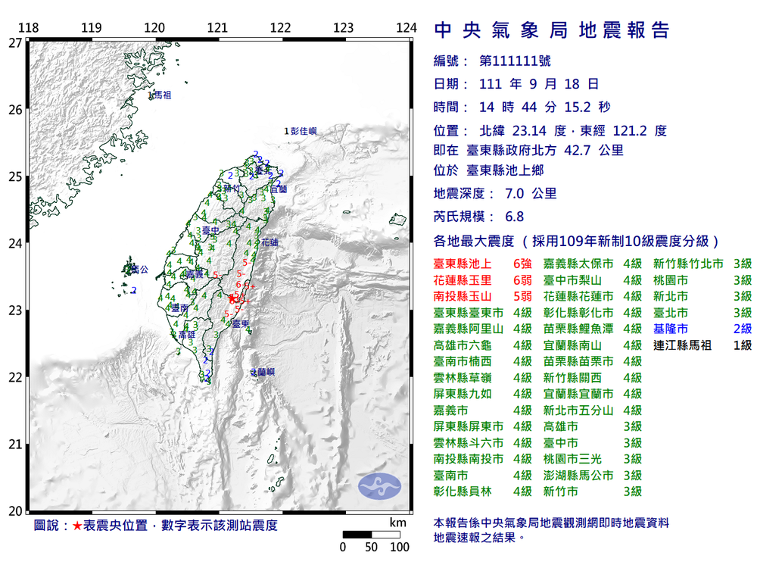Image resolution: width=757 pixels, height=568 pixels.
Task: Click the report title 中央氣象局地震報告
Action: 552,30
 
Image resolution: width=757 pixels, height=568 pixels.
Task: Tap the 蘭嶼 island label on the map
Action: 262,372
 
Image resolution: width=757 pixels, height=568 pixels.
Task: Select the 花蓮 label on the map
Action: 269,242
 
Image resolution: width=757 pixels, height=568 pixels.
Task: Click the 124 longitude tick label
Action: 407,28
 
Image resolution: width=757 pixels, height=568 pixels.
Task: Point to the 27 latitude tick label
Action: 15,43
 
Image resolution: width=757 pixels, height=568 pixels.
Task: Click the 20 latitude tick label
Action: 15,511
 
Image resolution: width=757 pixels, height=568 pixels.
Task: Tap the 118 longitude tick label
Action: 29,28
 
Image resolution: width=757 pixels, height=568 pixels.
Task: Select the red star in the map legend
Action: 76,526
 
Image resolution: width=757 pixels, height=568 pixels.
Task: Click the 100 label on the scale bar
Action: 399,547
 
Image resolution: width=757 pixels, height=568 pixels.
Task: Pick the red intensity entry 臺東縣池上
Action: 463,264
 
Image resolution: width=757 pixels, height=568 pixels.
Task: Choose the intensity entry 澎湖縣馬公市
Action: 580,476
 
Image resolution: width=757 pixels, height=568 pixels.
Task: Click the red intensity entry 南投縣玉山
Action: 463,296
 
